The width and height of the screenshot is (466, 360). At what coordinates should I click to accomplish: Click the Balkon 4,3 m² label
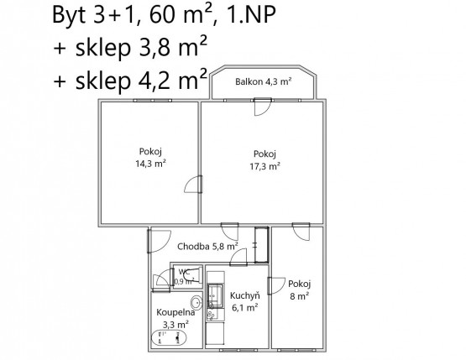point(263,81)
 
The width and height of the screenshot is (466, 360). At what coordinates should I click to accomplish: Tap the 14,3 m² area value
point(150,164)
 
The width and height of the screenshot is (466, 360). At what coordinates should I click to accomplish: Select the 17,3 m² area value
point(264,166)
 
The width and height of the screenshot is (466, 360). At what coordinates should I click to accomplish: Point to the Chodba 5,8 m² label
point(207,246)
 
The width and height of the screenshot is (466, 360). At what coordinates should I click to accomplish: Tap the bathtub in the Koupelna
point(169,338)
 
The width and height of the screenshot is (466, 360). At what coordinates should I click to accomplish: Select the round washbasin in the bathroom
point(196,302)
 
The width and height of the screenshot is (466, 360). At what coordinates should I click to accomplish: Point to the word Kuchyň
point(245,295)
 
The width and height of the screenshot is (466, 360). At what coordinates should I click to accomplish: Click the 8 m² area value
point(300,296)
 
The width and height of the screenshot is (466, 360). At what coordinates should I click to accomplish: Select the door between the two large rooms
point(194,185)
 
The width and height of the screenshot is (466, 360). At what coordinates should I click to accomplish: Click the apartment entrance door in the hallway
point(158,242)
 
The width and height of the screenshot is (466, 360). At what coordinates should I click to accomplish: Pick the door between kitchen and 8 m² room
point(275,286)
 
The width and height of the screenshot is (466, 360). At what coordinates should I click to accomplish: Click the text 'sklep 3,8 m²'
point(141,47)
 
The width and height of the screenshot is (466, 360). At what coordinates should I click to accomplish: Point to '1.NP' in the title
point(251,14)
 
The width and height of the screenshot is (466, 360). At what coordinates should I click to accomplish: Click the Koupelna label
point(175,312)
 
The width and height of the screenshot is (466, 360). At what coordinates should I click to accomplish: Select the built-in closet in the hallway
point(262,245)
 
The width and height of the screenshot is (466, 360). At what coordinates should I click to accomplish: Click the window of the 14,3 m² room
point(153,101)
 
